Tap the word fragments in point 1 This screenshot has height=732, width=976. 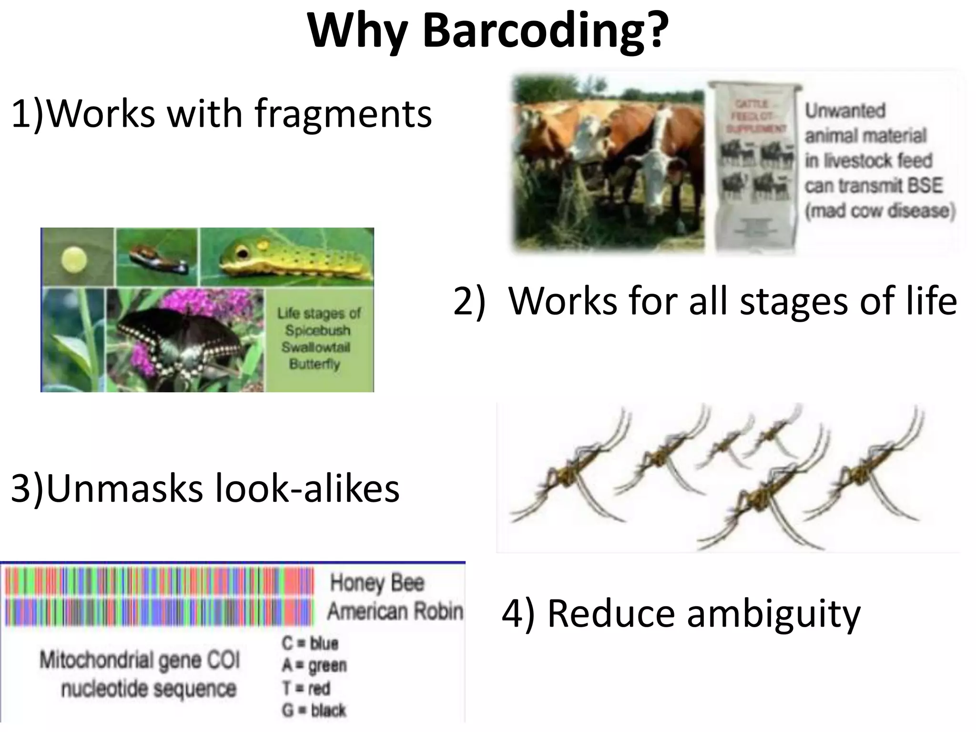pos(343,114)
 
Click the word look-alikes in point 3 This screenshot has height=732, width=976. pos(307,489)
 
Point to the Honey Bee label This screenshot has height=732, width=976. pos(376,583)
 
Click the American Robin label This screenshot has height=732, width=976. pos(395,611)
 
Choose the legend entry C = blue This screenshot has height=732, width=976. pos(310,643)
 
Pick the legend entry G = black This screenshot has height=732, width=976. pos(314,711)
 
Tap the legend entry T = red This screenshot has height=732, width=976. pos(306,688)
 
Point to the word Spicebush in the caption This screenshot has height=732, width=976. pos(317,330)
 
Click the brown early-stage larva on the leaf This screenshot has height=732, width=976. pos(157,257)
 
